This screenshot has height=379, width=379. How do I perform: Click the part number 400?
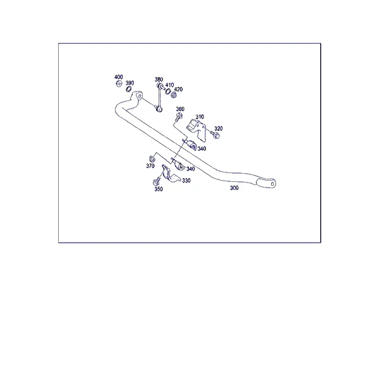119,77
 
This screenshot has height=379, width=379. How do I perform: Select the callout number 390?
129,83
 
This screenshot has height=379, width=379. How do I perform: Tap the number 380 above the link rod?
159,80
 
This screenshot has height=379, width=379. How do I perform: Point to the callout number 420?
178,89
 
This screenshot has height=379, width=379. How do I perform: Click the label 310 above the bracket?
200,117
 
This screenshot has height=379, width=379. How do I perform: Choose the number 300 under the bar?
234,188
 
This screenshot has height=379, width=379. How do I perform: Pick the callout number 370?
150,165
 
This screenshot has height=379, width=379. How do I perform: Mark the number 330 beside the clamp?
186,181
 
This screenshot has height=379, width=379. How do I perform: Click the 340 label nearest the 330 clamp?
191,169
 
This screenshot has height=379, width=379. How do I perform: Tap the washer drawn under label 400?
119,84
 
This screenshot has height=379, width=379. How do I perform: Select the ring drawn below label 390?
129,89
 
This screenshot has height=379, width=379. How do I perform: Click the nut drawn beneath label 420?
173,95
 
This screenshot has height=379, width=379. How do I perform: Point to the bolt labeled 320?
215,135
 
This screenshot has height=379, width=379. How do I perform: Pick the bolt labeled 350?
157,181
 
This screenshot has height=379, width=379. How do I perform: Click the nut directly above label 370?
152,159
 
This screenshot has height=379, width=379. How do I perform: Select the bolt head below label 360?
179,116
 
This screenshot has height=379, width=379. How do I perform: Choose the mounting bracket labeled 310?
196,129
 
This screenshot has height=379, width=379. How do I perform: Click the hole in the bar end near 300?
273,184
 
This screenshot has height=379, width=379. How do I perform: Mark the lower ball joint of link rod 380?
159,109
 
